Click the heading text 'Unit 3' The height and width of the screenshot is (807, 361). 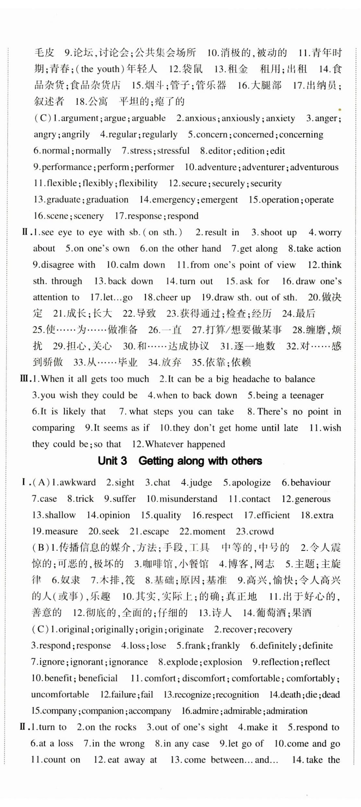tap(112, 461)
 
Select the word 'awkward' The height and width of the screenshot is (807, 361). tap(78, 482)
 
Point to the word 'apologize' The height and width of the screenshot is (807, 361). tap(251, 483)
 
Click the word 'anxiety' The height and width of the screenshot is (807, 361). tap(280, 118)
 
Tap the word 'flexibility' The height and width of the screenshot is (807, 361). tap(138, 183)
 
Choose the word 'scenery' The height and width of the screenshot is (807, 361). tap(89, 216)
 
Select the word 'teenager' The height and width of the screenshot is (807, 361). tap(306, 395)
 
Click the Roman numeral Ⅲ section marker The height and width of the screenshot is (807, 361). tap(25, 379)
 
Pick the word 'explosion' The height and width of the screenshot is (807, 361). tap(223, 662)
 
